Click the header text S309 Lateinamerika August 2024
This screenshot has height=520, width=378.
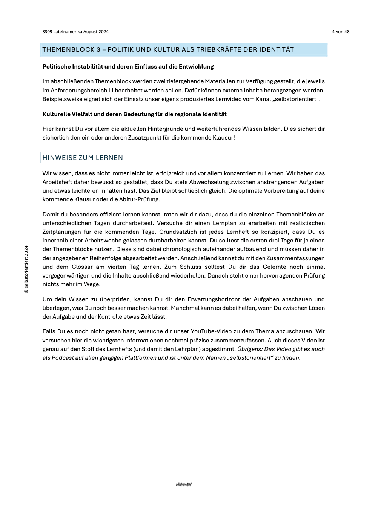75,32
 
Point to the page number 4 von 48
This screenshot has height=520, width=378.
340,32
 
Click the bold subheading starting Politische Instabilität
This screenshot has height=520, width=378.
128,67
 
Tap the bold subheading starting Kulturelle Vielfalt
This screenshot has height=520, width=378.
134,114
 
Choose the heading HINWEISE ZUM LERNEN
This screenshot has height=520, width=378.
83,158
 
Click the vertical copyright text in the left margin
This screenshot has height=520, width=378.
26,269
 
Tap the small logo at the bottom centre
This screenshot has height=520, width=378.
184,485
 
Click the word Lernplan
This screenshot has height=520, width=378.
225,223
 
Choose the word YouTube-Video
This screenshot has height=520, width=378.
209,331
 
